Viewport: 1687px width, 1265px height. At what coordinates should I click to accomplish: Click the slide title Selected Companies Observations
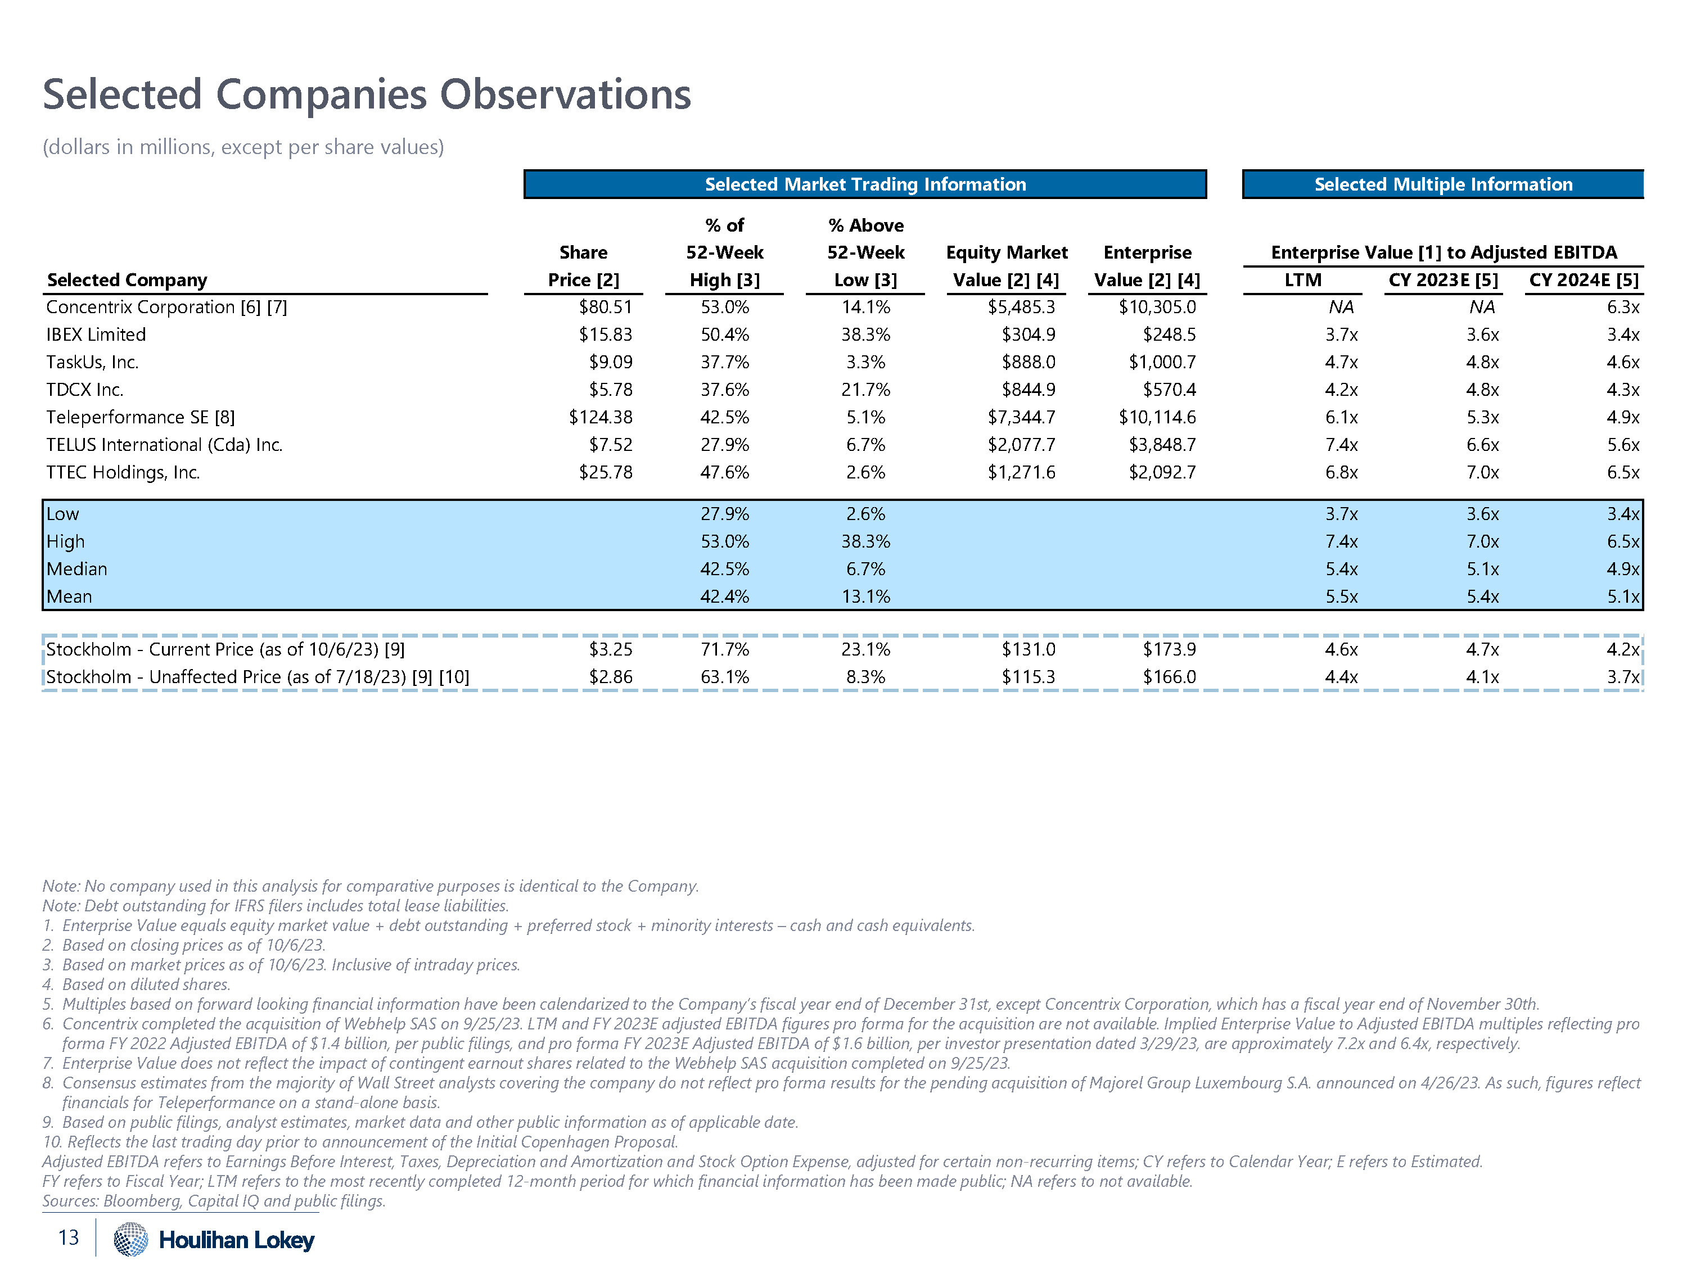pyautogui.click(x=366, y=94)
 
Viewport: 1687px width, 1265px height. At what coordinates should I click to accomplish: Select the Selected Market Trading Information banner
pyautogui.click(x=865, y=184)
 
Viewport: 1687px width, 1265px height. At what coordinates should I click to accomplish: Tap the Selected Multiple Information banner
pyautogui.click(x=1443, y=184)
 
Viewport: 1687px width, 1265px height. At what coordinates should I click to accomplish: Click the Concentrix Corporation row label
pyautogui.click(x=166, y=308)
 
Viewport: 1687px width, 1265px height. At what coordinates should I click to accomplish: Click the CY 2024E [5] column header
pyautogui.click(x=1584, y=280)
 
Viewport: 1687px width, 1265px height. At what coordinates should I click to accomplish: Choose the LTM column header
pyautogui.click(x=1302, y=280)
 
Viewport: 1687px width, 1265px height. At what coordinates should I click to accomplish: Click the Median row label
pyautogui.click(x=77, y=569)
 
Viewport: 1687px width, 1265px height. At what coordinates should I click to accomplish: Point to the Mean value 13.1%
pyautogui.click(x=865, y=597)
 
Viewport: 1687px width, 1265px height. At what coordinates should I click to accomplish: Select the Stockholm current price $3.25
pyautogui.click(x=610, y=650)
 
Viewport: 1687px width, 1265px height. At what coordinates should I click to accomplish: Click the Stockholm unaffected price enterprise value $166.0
pyautogui.click(x=1169, y=677)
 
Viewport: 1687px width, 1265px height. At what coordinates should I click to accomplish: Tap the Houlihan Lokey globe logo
pyautogui.click(x=130, y=1239)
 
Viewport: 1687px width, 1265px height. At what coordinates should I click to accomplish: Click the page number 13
pyautogui.click(x=69, y=1237)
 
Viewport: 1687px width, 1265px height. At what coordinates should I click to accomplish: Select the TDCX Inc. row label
pyautogui.click(x=85, y=390)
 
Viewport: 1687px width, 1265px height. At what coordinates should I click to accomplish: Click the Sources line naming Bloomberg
pyautogui.click(x=214, y=1201)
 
